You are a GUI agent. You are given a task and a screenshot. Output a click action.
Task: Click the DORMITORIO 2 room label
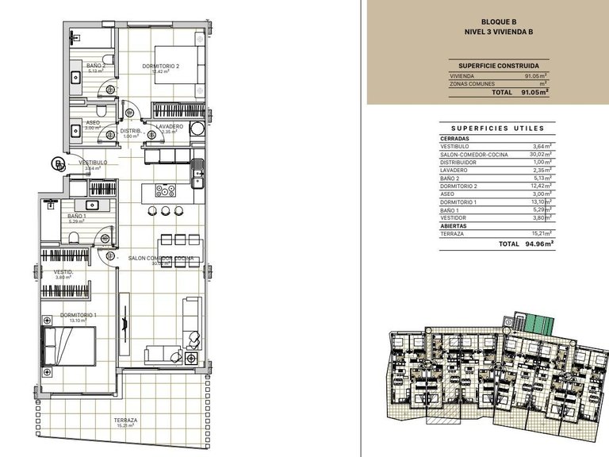click(162, 67)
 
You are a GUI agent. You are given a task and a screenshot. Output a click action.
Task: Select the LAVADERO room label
click(169, 126)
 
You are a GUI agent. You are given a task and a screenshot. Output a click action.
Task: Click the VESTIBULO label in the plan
click(92, 163)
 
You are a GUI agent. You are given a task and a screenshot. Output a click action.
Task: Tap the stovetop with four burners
click(166, 190)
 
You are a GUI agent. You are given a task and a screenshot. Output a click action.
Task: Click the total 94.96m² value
click(538, 244)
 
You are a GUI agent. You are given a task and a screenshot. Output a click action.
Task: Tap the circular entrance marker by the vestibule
click(57, 164)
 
